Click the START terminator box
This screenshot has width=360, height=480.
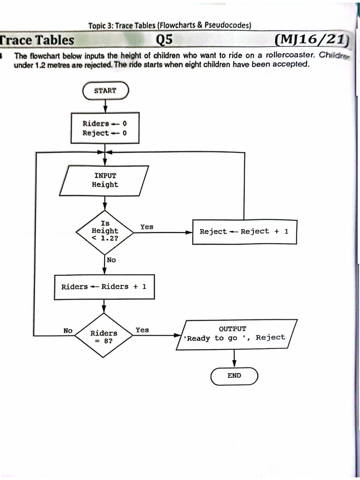click(105, 90)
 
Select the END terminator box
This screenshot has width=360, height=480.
click(234, 375)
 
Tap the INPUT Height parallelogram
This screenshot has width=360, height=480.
click(105, 180)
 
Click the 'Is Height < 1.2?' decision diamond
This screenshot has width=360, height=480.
click(105, 231)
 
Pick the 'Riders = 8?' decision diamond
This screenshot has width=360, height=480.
click(104, 336)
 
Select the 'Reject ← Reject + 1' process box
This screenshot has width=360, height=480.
click(244, 232)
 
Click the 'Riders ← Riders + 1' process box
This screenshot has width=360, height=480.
click(104, 286)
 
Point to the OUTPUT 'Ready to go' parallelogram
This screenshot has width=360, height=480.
click(236, 334)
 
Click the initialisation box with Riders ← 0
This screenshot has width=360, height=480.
click(105, 128)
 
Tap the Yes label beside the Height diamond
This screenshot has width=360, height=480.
click(147, 227)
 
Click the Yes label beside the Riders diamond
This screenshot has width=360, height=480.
click(142, 330)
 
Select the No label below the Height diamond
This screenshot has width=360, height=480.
click(111, 260)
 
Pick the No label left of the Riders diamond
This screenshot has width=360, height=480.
click(68, 330)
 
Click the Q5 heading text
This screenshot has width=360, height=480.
click(164, 41)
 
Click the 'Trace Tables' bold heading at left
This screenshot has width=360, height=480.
click(37, 41)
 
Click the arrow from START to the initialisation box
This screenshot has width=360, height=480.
click(105, 106)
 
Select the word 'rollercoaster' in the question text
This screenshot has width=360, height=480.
click(291, 55)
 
